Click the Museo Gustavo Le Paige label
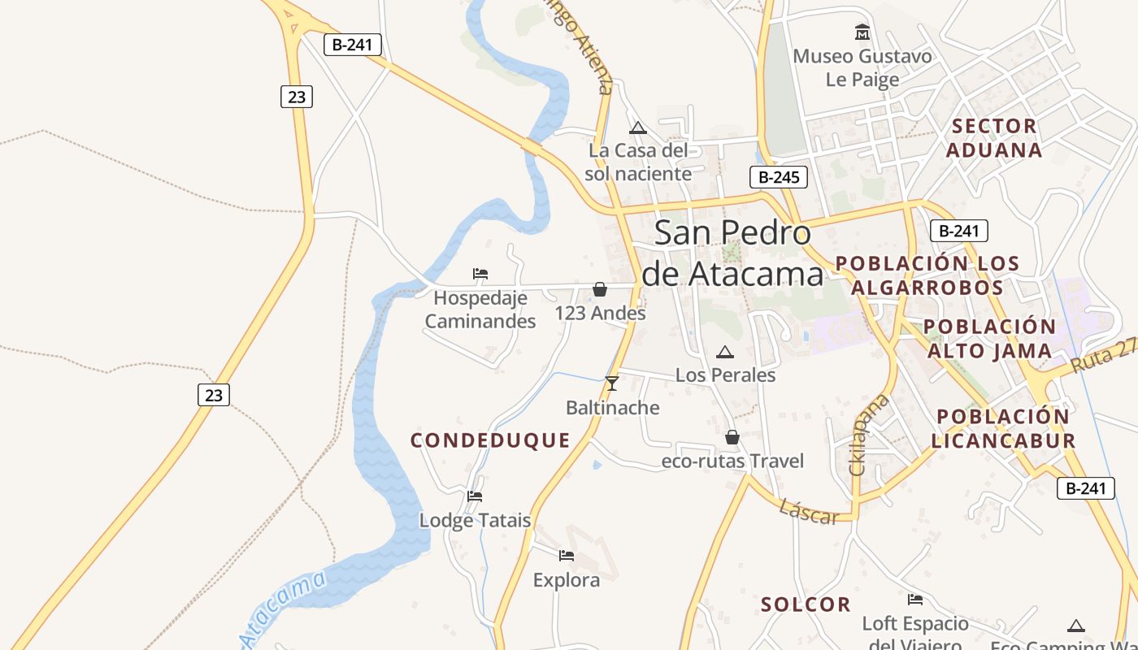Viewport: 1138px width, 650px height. click(x=862, y=67)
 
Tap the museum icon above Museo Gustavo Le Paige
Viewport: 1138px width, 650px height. click(x=862, y=32)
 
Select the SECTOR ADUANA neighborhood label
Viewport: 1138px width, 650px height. click(x=994, y=138)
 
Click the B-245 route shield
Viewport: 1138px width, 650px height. click(x=778, y=177)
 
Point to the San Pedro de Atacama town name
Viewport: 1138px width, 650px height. click(x=732, y=253)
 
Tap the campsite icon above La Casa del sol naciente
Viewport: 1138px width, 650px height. click(x=638, y=128)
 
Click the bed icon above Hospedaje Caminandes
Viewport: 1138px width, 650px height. click(x=480, y=274)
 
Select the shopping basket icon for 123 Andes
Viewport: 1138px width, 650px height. click(x=600, y=289)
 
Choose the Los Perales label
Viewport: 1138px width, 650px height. click(x=725, y=375)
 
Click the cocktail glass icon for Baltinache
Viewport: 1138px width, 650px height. click(x=612, y=383)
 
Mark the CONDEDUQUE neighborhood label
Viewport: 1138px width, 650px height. click(x=490, y=440)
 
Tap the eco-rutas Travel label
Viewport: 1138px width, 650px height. click(x=732, y=461)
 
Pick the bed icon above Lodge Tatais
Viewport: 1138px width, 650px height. click(x=476, y=496)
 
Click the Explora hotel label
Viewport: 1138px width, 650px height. click(x=567, y=580)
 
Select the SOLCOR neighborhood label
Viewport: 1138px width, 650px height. click(x=806, y=604)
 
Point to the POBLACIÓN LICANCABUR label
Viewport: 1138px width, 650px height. click(x=1003, y=428)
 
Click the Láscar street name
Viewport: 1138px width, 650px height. click(x=808, y=512)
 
